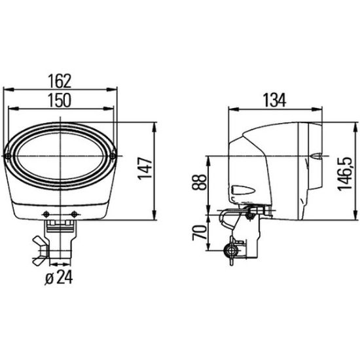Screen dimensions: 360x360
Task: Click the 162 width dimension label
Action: (60, 81)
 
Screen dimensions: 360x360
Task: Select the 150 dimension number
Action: (60, 100)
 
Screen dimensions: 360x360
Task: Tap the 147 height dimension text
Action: (145, 168)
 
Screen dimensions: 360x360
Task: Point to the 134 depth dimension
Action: (275, 100)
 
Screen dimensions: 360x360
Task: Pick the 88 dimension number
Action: (199, 182)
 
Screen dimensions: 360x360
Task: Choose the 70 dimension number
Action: (199, 232)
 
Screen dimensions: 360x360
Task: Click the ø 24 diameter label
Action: (59, 278)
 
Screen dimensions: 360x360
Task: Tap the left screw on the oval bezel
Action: (8, 156)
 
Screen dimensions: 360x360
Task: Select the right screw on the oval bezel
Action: (113, 156)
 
